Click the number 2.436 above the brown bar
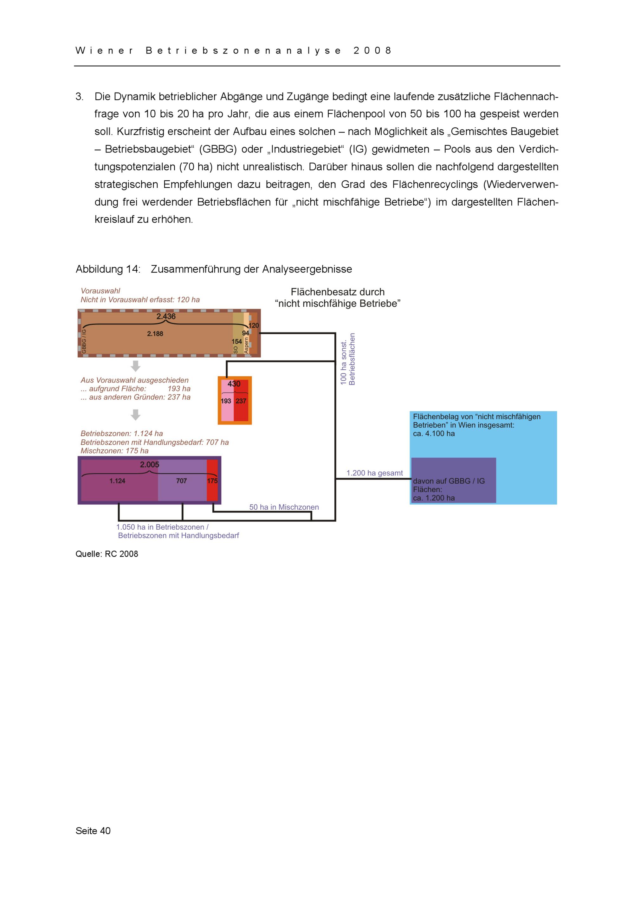pyautogui.click(x=166, y=316)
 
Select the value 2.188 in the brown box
pyautogui.click(x=155, y=334)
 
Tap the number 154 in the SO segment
pyautogui.click(x=237, y=341)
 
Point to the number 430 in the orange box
pyautogui.click(x=234, y=384)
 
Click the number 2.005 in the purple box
pyautogui.click(x=150, y=465)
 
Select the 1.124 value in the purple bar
pyautogui.click(x=117, y=481)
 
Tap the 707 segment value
pyautogui.click(x=182, y=481)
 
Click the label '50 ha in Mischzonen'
pyautogui.click(x=284, y=507)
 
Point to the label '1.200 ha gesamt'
pyautogui.click(x=374, y=473)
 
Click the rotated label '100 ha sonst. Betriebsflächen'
pyautogui.click(x=348, y=359)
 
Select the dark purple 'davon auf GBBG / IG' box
pyautogui.click(x=453, y=481)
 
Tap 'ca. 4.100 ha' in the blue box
pyautogui.click(x=434, y=434)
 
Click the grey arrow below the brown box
pyautogui.click(x=136, y=366)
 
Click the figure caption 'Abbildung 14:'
pyautogui.click(x=108, y=269)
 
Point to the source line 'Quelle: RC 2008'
pyautogui.click(x=107, y=554)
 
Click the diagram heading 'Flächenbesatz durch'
pyautogui.click(x=338, y=292)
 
